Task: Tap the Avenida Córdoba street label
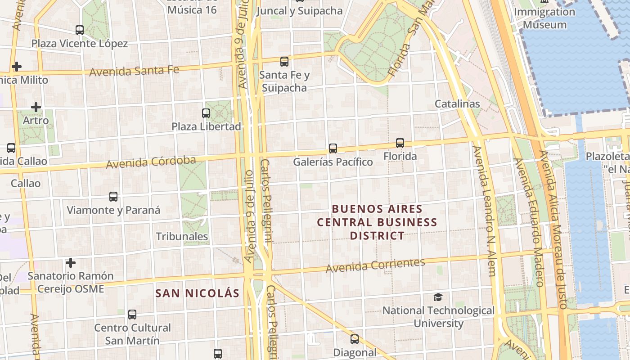pos(151,162)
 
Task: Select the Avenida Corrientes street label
pos(375,265)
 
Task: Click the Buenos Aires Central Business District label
pos(377,222)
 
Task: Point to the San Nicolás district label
pos(197,293)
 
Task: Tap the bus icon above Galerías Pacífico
pos(333,148)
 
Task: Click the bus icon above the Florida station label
pos(400,143)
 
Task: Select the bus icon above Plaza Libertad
pos(206,113)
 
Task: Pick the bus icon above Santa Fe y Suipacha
pos(284,61)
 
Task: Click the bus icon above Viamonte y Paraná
pos(113,197)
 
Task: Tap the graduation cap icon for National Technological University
pos(438,297)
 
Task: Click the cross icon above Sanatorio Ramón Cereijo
pos(70,262)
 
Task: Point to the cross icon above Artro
pos(36,107)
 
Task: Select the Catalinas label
pos(457,104)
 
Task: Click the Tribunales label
pos(182,236)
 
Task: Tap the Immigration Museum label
pos(544,18)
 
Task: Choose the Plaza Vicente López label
pos(80,44)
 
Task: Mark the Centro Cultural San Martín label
pos(132,334)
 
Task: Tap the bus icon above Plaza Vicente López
pos(80,30)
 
